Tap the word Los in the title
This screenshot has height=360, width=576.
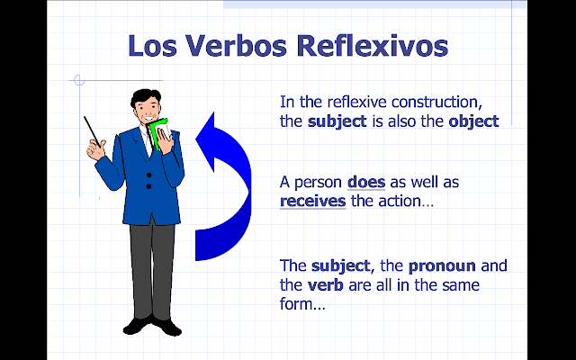coord(154,45)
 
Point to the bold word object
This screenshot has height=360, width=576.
coord(472,121)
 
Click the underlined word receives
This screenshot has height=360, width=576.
coord(312,201)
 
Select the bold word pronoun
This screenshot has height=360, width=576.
coord(440,267)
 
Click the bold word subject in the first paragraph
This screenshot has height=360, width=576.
coord(336,121)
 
